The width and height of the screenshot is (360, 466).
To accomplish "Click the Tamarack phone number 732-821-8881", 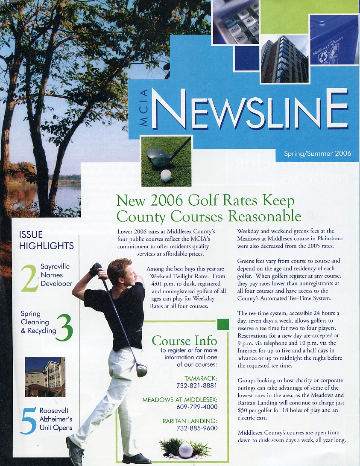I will click(x=197, y=385).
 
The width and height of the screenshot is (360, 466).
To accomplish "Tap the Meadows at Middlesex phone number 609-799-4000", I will click(x=197, y=407).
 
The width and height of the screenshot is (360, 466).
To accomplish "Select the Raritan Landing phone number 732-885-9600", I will click(x=197, y=428).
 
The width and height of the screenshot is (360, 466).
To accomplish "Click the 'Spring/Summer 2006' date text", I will click(x=317, y=153).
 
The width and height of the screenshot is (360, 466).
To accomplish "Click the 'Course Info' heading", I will click(x=184, y=341).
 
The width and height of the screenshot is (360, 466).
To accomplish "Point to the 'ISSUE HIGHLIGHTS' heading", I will click(x=46, y=240).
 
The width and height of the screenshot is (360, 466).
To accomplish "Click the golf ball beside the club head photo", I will click(x=166, y=175).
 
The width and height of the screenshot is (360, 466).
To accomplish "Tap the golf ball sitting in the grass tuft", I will click(x=185, y=449).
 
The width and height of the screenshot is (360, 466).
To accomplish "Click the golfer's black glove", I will click(x=96, y=269).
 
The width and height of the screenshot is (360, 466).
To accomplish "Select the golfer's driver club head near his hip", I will click(x=141, y=370).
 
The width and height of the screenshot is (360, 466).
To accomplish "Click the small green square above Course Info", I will click(x=223, y=324).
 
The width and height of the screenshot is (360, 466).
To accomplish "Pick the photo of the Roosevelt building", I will click(x=45, y=377).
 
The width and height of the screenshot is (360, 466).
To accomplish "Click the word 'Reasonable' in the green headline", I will click(x=264, y=216).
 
